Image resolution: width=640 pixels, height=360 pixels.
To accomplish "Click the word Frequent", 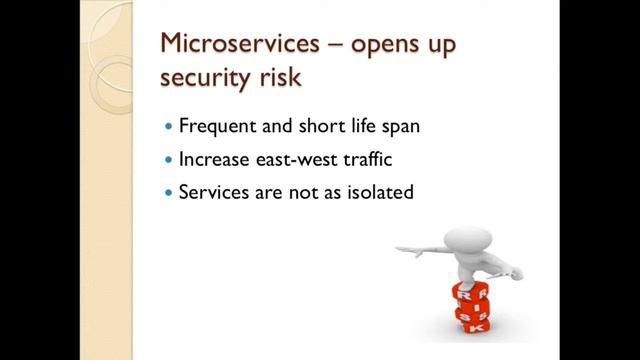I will point(213,127).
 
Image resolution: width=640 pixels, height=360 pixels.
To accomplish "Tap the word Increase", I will point(212,158).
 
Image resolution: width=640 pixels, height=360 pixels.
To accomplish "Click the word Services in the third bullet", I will point(210,190).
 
